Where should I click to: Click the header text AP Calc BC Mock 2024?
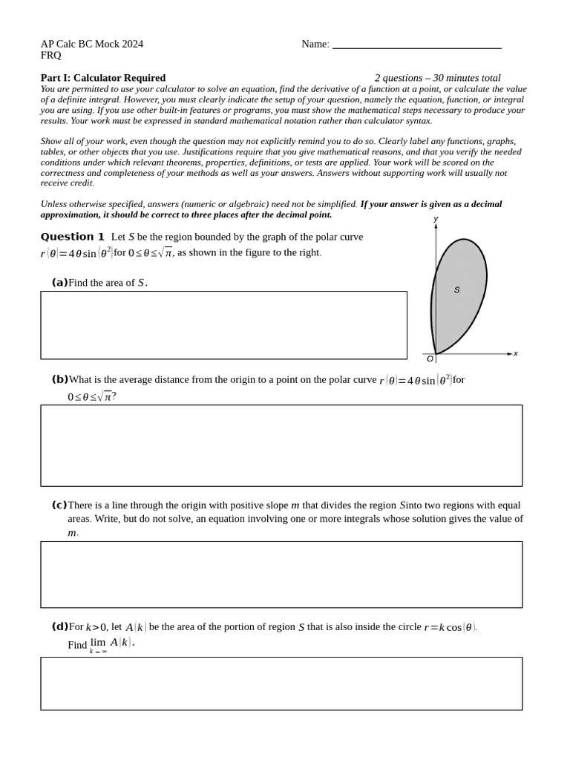[92, 44]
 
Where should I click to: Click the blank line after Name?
[416, 45]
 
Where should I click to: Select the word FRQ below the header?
[51, 56]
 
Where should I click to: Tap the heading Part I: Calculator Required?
[103, 78]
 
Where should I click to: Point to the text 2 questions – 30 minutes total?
[437, 78]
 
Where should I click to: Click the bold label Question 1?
[72, 237]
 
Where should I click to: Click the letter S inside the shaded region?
[456, 290]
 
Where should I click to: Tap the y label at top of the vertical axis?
[436, 219]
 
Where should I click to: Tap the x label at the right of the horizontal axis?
[516, 354]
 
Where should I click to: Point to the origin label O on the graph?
[430, 359]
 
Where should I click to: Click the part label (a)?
[59, 282]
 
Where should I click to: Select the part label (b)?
[59, 379]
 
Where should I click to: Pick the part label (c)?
[59, 505]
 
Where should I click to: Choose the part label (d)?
[59, 626]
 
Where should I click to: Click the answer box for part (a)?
[223, 325]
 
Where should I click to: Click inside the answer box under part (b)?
[281, 445]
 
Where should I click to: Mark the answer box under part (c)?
[281, 574]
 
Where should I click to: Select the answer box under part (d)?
[281, 684]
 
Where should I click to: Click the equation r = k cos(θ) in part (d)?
[450, 627]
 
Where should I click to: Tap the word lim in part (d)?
[98, 642]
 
